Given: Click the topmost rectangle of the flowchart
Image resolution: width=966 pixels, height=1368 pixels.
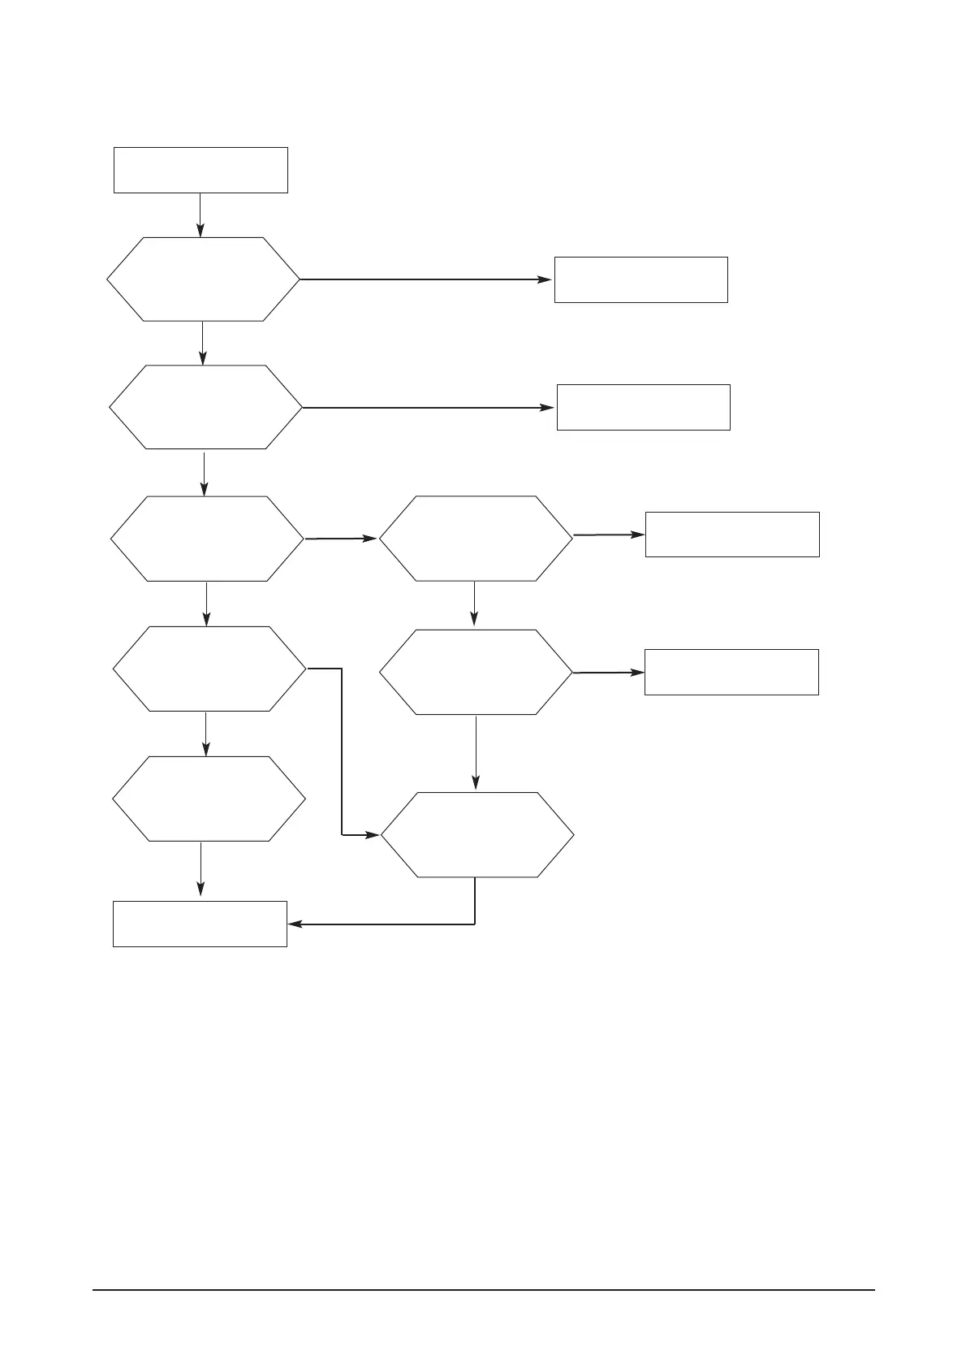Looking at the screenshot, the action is [x=201, y=170].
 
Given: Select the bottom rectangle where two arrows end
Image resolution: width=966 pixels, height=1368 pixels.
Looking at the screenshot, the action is [x=200, y=924].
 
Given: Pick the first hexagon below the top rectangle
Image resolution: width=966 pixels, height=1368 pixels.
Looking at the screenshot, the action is [x=203, y=279].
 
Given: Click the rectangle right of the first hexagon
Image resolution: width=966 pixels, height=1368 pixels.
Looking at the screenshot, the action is [x=640, y=279].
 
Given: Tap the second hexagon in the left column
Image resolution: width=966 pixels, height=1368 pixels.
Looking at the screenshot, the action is [x=205, y=407].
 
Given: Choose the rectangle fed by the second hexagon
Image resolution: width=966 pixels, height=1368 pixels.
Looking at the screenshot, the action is [x=643, y=407].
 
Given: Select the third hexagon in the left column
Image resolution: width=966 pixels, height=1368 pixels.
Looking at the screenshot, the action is [x=207, y=539].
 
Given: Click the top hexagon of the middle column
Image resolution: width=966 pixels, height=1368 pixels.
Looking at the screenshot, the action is [x=476, y=539].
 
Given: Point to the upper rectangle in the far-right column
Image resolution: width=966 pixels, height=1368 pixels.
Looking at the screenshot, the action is [x=731, y=535].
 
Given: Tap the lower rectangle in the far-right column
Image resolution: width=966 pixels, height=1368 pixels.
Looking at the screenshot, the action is [x=731, y=672].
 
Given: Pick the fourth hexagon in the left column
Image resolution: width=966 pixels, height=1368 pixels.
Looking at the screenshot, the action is [x=209, y=669].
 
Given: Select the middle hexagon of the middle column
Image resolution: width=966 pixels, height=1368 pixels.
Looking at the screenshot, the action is [x=477, y=673].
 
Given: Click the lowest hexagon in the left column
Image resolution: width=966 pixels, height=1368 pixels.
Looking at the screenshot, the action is [x=209, y=799].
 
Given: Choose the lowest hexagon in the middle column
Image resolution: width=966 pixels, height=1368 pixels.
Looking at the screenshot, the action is [x=477, y=835].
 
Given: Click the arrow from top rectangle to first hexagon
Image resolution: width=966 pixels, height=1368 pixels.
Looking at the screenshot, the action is [x=200, y=214].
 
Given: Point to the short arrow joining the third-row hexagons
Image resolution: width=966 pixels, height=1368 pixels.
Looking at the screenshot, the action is [x=341, y=539].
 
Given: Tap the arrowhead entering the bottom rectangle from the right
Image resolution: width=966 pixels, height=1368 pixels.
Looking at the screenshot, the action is [x=294, y=924].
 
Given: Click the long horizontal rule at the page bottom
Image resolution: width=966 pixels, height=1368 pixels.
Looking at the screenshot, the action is [x=483, y=1290].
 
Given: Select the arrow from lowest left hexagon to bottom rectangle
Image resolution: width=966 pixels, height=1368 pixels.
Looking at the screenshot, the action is [x=201, y=870].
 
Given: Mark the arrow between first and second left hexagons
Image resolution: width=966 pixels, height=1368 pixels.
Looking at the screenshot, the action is [x=202, y=343].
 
